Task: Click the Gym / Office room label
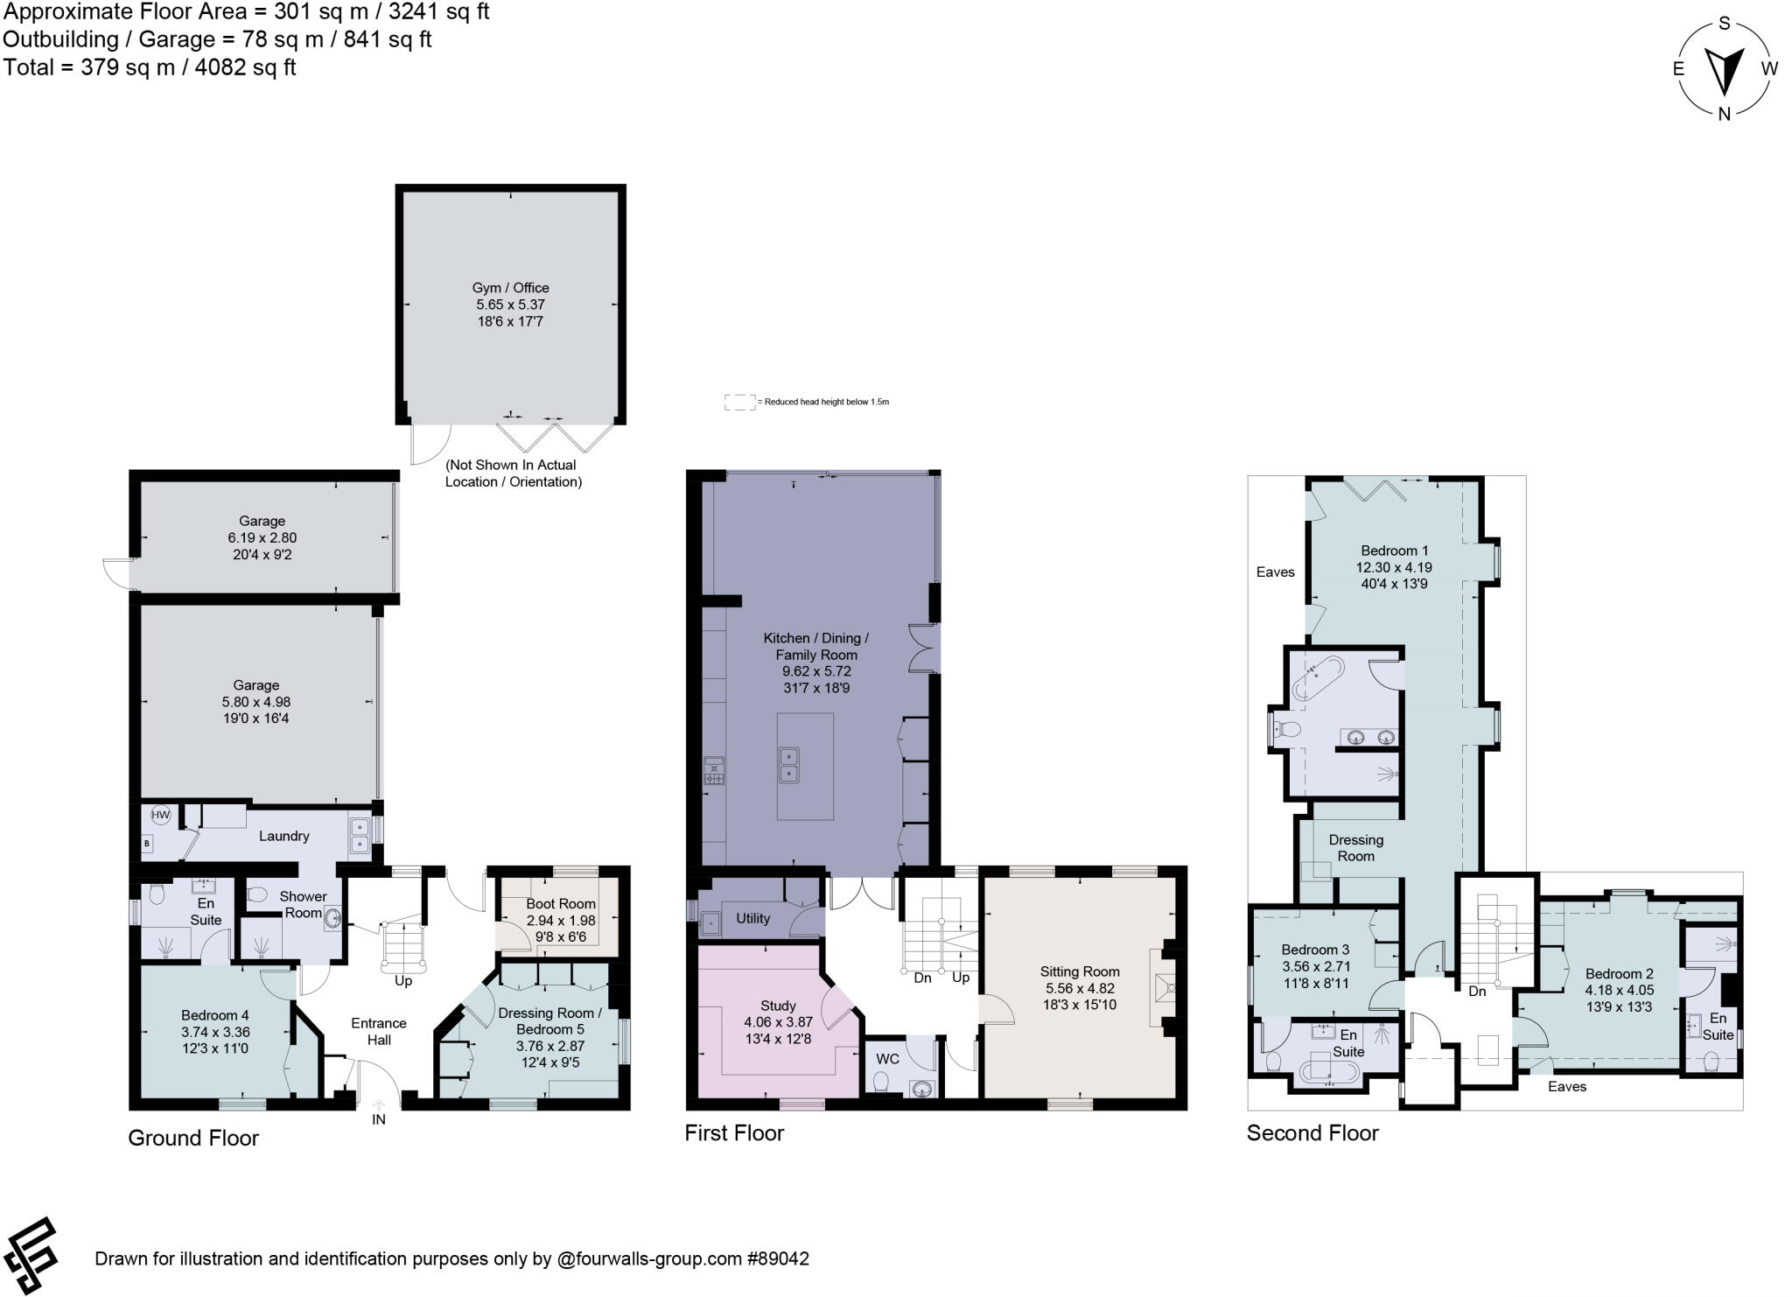click(510, 288)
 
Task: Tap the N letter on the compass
click(1724, 113)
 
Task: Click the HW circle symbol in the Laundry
click(160, 815)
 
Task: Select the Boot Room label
click(561, 903)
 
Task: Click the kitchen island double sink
click(789, 764)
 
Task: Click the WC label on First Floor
click(887, 1059)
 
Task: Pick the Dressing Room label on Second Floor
click(1355, 847)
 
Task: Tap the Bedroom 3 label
click(1315, 950)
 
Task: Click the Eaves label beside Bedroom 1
click(1275, 572)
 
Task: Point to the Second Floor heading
click(1312, 1133)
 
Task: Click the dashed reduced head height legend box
click(739, 403)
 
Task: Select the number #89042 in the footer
click(778, 1258)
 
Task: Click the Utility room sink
click(710, 921)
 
